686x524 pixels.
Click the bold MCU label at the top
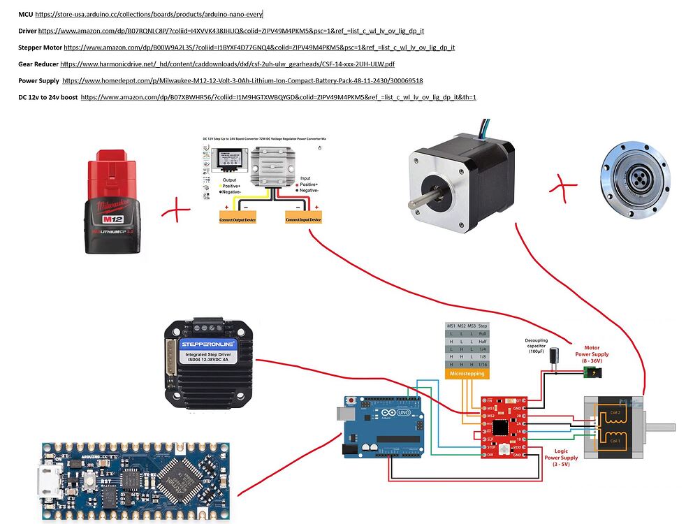(25, 14)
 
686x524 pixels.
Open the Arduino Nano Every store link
(149, 14)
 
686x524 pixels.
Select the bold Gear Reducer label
(38, 64)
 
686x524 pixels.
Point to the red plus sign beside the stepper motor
(564, 187)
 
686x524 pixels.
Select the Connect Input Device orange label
(304, 219)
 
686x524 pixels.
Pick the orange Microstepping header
(466, 374)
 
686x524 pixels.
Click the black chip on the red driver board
(499, 427)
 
